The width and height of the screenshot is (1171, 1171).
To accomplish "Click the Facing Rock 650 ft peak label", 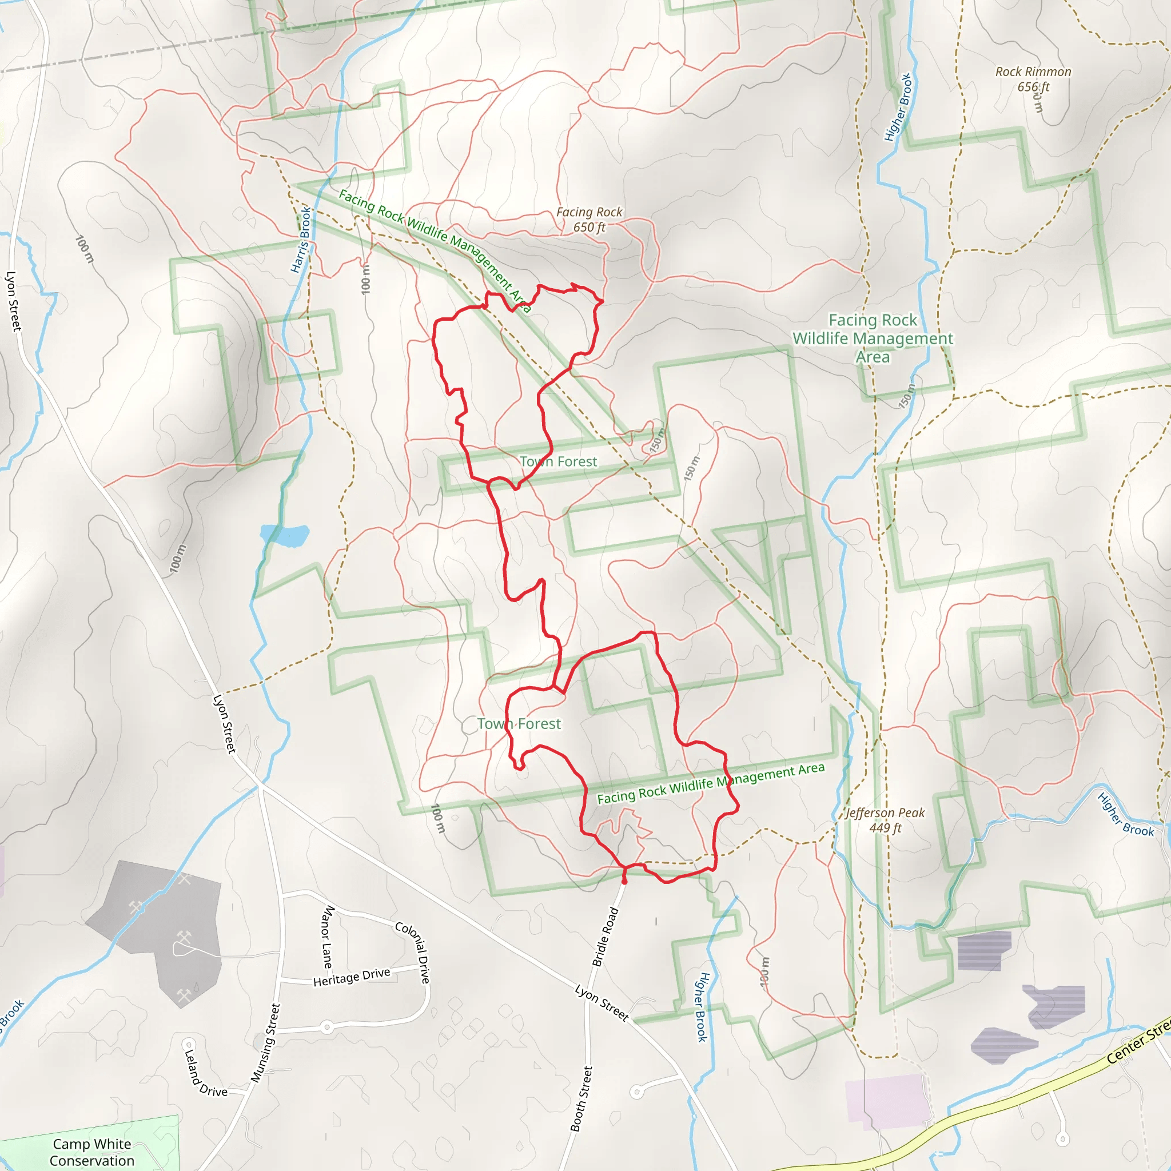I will [x=589, y=220].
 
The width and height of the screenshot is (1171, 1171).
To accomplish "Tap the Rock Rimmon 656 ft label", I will [x=1033, y=79].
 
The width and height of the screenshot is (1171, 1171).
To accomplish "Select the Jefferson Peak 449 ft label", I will [x=885, y=820].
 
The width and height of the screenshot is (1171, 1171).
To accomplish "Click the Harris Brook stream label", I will [x=301, y=240].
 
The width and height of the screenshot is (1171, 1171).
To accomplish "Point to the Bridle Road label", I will [x=605, y=937].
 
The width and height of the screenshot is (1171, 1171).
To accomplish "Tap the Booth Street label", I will [x=581, y=1098].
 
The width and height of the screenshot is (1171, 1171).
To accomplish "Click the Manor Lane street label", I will [x=326, y=937].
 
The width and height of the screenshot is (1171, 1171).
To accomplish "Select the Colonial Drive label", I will [x=413, y=952].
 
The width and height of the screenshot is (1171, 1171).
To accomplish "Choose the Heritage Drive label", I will [x=352, y=977].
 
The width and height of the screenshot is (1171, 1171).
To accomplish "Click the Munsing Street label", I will [x=265, y=1043].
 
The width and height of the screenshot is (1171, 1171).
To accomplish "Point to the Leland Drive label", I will [x=204, y=1074].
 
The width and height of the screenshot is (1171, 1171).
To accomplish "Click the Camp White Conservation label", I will [x=92, y=1152].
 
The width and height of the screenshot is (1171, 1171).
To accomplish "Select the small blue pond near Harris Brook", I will [x=285, y=535].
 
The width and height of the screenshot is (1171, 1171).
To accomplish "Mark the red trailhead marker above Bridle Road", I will [x=624, y=879].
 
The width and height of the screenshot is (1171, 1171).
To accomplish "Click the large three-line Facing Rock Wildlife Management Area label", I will [x=873, y=338].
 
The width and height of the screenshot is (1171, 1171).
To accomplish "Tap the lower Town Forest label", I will [x=519, y=724].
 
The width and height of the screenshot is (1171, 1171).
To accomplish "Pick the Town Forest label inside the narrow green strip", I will [x=558, y=462].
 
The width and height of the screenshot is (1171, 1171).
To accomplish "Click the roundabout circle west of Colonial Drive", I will [x=326, y=1027].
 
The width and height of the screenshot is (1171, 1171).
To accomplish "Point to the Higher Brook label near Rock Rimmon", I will [x=898, y=108].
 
